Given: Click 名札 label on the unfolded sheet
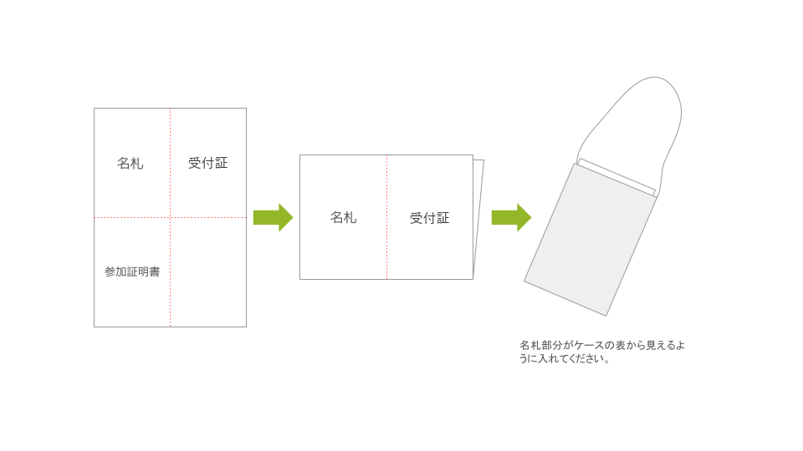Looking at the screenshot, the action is (130, 163).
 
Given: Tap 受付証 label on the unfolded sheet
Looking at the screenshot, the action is (208, 163).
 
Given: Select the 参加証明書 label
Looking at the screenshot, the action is (132, 271).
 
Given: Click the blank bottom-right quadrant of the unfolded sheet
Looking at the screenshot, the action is (208, 272).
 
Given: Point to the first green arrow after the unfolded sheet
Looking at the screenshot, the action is (273, 217).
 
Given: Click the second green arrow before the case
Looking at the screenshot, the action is (512, 217).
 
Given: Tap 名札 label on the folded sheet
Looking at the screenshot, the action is (343, 217).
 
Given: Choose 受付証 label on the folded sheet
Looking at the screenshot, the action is (430, 218).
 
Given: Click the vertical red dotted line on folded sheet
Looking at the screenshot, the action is (386, 217).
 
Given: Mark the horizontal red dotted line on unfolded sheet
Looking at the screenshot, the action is (170, 217).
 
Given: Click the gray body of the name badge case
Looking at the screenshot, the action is (590, 240).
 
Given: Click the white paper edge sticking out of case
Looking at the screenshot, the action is (617, 177).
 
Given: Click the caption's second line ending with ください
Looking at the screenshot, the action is (565, 358).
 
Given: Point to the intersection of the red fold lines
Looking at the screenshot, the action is (170, 217).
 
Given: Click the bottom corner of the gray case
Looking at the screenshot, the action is (606, 316).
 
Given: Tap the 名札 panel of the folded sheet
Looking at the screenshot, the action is (343, 217).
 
